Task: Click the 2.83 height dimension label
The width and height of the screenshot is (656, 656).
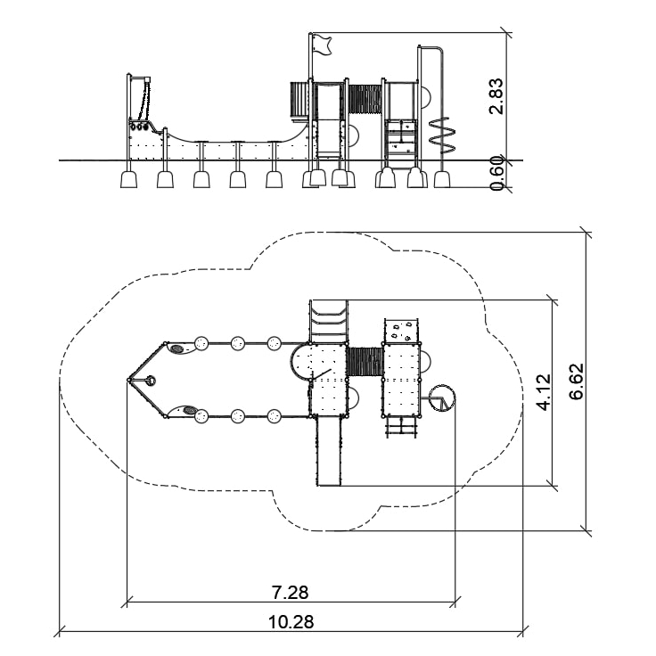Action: (497, 96)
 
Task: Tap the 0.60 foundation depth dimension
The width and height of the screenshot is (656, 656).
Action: (497, 173)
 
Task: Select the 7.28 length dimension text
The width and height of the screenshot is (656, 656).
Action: (290, 593)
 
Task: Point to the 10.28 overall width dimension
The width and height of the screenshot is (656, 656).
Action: (291, 622)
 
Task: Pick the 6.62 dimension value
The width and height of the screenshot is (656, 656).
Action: (576, 381)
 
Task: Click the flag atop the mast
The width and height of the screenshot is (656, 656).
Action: (322, 45)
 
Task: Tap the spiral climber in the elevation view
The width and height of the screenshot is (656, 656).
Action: (442, 135)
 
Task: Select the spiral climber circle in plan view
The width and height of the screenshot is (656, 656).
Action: (442, 398)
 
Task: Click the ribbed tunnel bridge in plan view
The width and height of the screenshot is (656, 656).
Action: (365, 362)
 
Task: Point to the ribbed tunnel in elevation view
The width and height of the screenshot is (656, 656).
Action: (365, 99)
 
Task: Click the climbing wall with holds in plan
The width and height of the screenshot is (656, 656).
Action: (401, 331)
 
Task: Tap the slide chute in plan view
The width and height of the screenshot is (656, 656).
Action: (329, 451)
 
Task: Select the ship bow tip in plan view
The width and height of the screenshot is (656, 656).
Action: (128, 380)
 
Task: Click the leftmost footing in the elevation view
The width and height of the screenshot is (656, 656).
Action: (128, 179)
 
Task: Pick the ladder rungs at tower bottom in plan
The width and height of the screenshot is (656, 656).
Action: (401, 428)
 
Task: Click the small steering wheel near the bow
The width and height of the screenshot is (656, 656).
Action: (151, 381)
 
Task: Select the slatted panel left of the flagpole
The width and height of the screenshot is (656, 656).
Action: (299, 99)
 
